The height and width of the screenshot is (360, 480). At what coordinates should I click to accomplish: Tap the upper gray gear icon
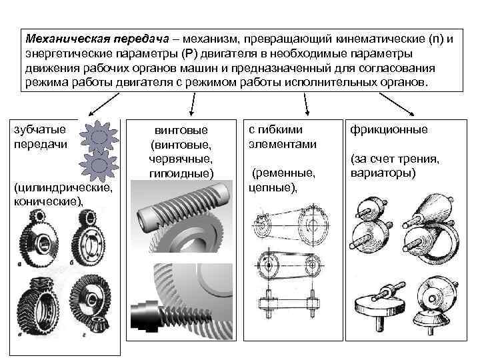(x=99, y=136)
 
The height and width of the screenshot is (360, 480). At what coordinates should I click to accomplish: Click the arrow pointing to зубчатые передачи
(x=94, y=104)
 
